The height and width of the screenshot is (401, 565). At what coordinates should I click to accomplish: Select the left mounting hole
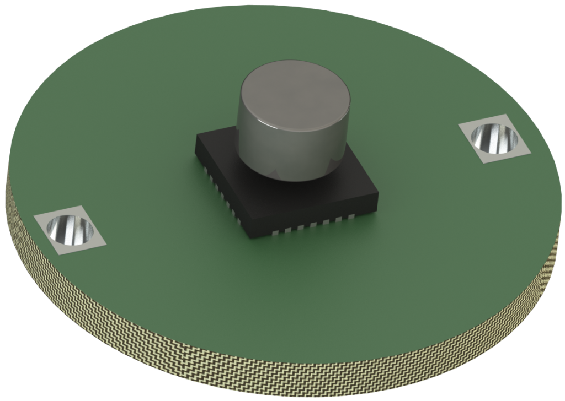point(70,230)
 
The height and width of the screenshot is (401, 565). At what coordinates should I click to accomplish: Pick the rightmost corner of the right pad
point(535,151)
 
